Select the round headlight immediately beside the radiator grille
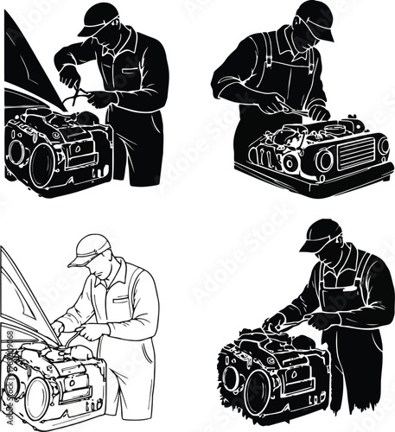tap(324, 160)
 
